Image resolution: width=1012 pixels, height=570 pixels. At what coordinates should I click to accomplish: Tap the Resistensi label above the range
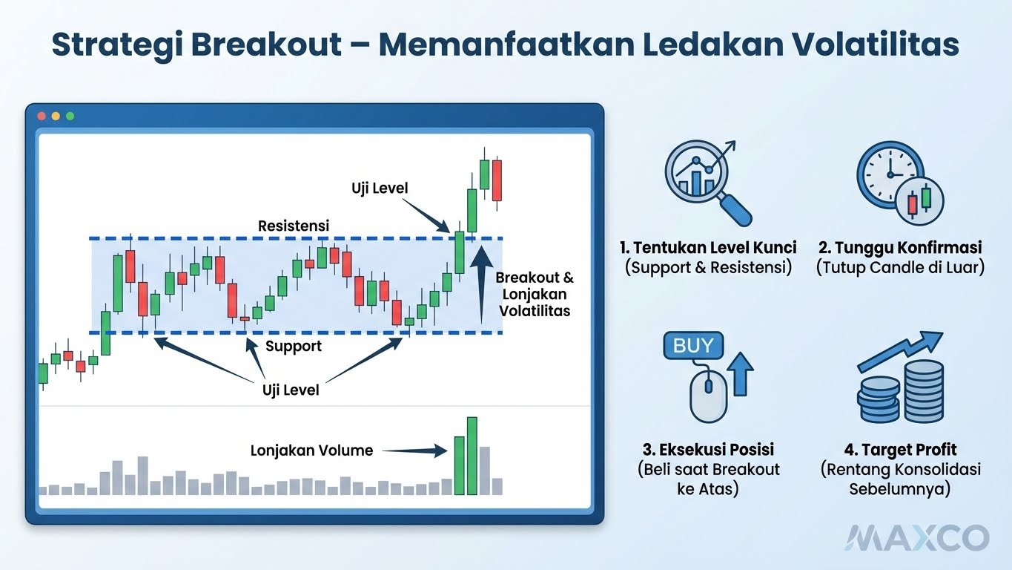[294, 225]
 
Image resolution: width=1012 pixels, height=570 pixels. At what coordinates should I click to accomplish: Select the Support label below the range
[294, 346]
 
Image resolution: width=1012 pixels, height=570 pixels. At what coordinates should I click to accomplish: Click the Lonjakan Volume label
[311, 450]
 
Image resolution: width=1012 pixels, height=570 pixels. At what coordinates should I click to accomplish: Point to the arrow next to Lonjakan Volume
[416, 450]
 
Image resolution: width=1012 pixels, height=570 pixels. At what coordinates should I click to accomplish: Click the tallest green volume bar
[472, 456]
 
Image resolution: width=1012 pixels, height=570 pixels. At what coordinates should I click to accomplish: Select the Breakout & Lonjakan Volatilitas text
[535, 294]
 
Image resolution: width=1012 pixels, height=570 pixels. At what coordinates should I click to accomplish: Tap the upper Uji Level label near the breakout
[380, 189]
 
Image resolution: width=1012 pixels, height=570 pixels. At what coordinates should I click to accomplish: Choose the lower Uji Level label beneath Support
[291, 390]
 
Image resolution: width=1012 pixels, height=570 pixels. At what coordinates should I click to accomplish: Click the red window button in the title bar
[42, 117]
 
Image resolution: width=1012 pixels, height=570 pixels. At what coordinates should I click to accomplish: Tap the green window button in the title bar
[70, 117]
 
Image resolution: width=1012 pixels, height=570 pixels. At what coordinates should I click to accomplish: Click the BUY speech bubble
[693, 345]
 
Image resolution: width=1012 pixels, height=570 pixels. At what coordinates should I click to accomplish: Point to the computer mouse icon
[708, 393]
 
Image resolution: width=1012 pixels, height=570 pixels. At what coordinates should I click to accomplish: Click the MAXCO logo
[918, 537]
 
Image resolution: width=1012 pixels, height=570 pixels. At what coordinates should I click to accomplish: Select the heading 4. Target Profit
[900, 450]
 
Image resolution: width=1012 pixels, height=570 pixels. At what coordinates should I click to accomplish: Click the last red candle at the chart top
[497, 180]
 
